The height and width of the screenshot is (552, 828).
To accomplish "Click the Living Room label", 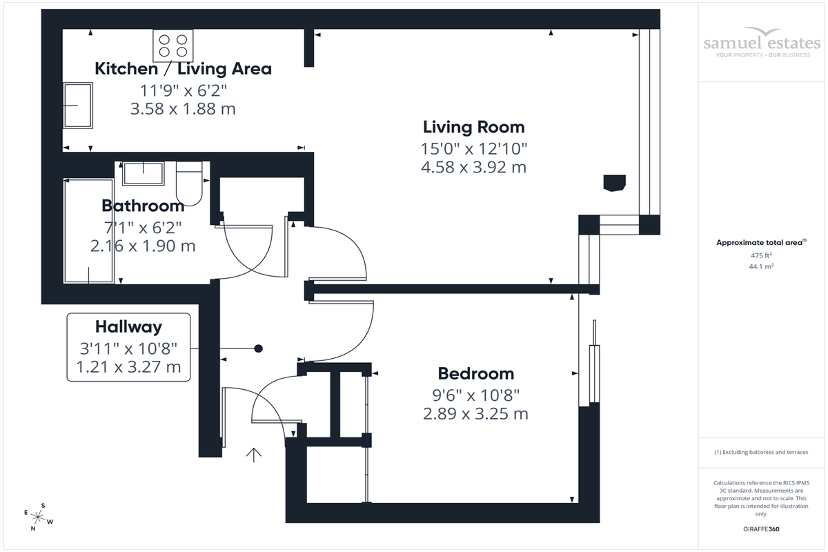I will click(473, 127).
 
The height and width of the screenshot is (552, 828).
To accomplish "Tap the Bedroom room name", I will click(476, 373).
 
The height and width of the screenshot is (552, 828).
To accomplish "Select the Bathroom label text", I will click(143, 205).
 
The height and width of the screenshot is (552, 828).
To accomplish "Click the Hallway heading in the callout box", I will click(128, 327).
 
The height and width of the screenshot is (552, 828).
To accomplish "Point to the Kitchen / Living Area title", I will click(183, 68).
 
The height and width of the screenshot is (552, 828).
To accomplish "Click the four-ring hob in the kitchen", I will click(172, 45).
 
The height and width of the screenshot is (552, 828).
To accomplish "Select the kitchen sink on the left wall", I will click(78, 106).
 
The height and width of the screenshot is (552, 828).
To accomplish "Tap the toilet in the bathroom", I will click(188, 184).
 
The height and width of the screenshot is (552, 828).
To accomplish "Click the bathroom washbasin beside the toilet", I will click(144, 173).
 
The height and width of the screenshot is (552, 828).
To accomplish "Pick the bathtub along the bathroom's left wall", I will click(89, 231).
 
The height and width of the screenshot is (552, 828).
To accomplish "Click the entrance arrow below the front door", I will click(254, 455).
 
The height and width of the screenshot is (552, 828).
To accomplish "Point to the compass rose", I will click(39, 517).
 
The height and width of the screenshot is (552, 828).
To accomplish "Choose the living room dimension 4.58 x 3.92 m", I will click(473, 167).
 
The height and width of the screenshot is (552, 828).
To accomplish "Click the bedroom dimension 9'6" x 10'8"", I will click(475, 395).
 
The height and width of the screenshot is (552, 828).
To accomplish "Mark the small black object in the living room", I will click(614, 182).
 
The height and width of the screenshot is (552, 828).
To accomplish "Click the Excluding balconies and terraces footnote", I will click(761, 452).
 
